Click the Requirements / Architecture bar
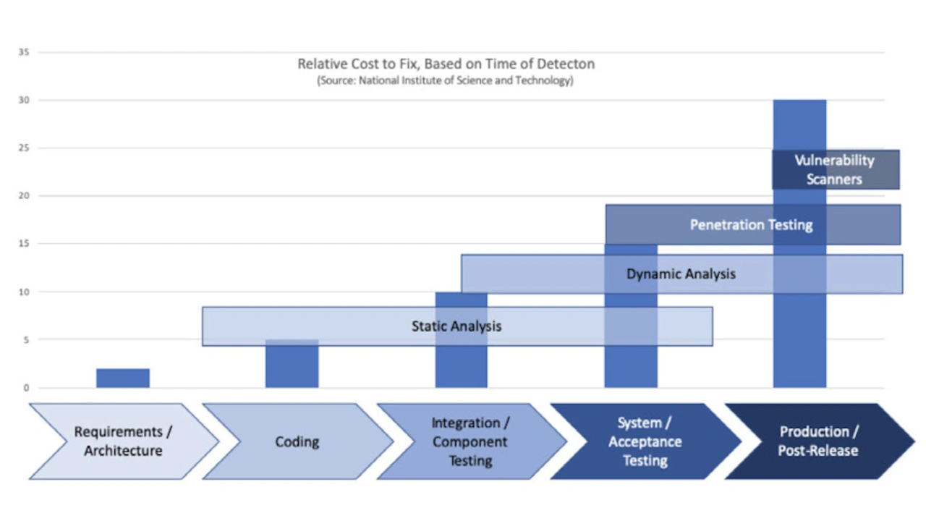pyautogui.click(x=123, y=378)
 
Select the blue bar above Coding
pyautogui.click(x=292, y=363)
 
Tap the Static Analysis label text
pyautogui.click(x=456, y=326)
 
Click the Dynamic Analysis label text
pyautogui.click(x=681, y=274)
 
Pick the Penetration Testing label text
pyautogui.click(x=751, y=225)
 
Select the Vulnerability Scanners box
pyautogui.click(x=836, y=169)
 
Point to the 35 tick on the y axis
pyautogui.click(x=24, y=52)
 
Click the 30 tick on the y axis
pyautogui.click(x=24, y=100)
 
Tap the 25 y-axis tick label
pyautogui.click(x=24, y=148)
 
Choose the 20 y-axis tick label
pyautogui.click(x=24, y=195)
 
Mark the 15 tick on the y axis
pyautogui.click(x=24, y=244)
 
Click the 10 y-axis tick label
pyautogui.click(x=24, y=292)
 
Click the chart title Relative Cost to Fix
pyautogui.click(x=446, y=64)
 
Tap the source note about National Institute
pyautogui.click(x=445, y=80)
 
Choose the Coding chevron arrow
pyautogui.click(x=297, y=441)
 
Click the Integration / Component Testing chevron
pyautogui.click(x=471, y=441)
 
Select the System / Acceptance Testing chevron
pyautogui.click(x=645, y=441)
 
